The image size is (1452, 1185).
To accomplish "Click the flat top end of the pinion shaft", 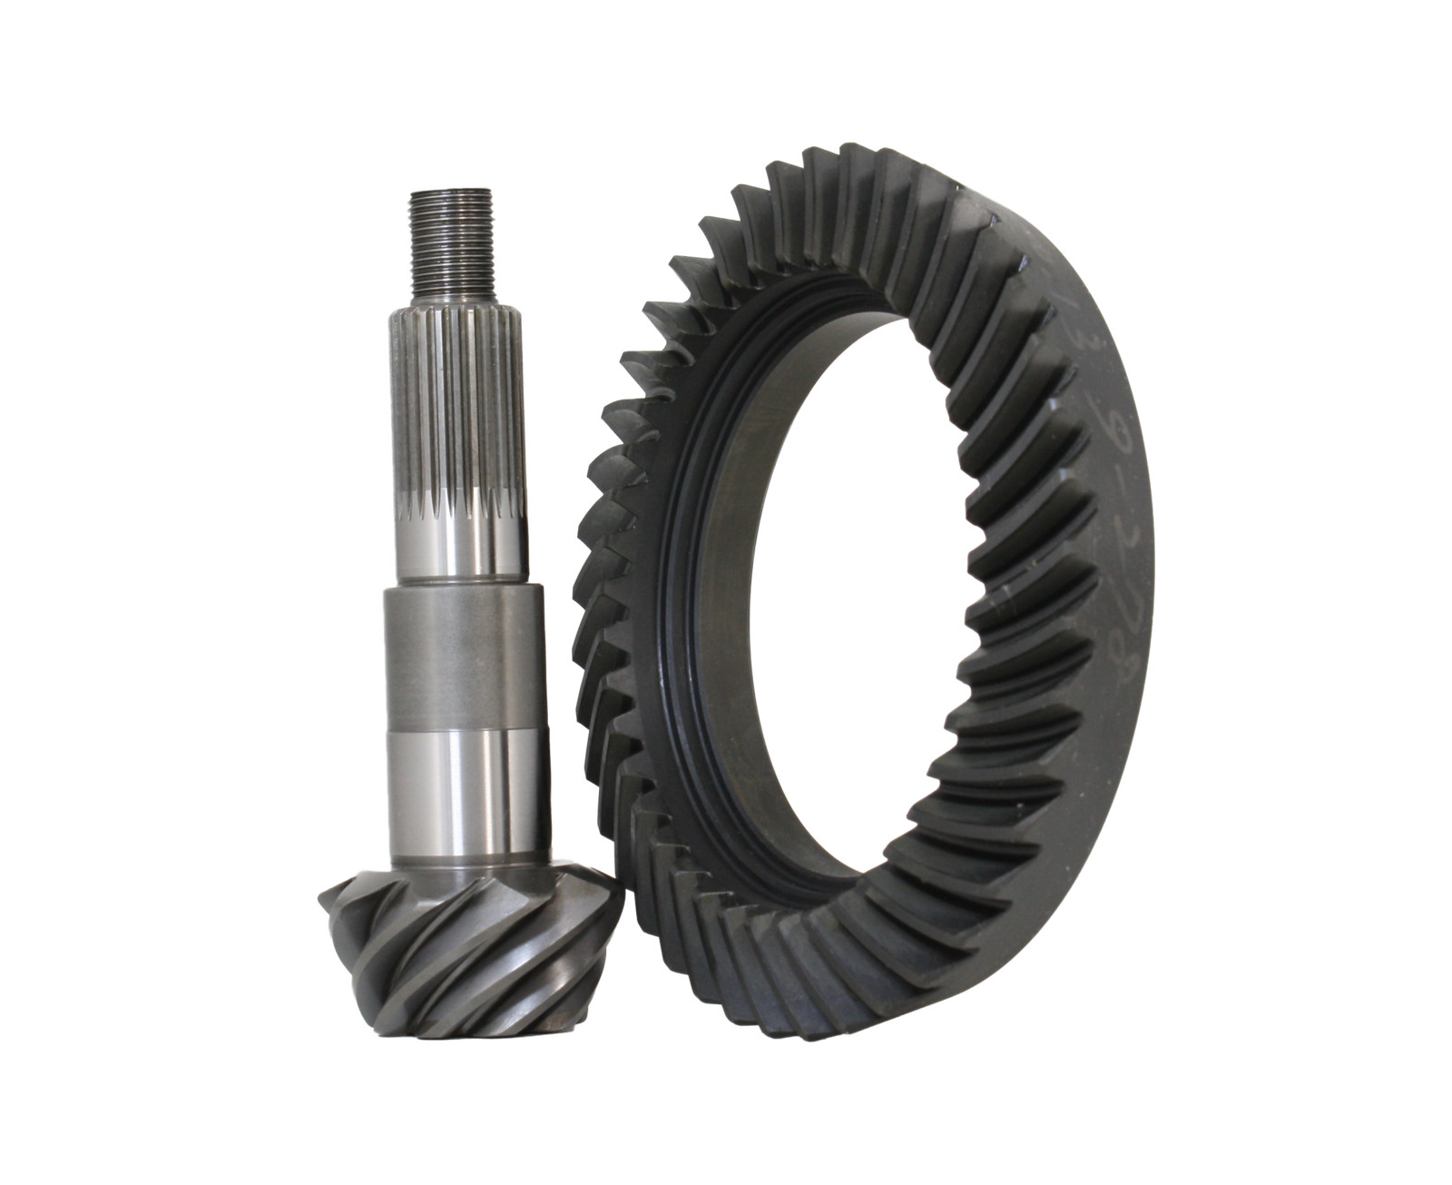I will click(451, 192).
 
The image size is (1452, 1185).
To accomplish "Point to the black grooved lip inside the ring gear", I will click(676, 581).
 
